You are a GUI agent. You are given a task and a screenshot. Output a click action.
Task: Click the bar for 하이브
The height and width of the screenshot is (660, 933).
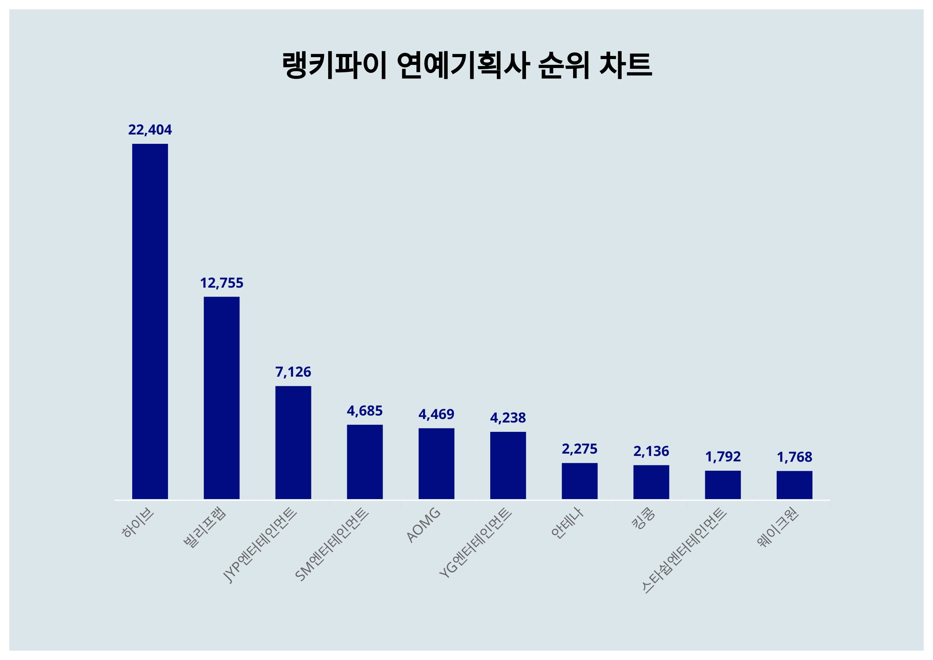(x=150, y=321)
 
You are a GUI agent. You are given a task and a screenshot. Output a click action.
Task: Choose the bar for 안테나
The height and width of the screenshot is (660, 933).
(x=580, y=481)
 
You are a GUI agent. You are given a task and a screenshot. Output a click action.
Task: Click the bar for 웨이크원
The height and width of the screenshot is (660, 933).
(x=795, y=485)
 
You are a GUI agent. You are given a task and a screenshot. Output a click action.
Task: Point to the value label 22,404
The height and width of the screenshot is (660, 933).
(x=150, y=130)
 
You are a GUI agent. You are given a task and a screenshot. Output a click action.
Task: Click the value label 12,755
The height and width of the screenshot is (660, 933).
(x=222, y=283)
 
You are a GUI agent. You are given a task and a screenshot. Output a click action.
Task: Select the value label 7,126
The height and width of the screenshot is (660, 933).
(x=293, y=372)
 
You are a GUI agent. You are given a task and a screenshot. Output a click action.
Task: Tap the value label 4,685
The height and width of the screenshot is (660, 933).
(x=365, y=411)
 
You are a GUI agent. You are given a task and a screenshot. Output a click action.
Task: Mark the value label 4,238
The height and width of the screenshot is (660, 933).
(x=508, y=418)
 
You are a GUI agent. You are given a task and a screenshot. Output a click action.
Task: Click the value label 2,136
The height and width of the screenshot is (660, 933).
(x=651, y=451)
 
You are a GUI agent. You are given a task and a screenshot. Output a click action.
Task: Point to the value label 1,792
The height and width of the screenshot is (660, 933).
(x=723, y=457)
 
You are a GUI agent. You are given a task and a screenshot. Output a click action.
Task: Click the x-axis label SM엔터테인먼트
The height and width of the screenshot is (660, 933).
(x=332, y=545)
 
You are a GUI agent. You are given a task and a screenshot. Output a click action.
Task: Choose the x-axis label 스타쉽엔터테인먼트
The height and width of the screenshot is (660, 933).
(x=684, y=551)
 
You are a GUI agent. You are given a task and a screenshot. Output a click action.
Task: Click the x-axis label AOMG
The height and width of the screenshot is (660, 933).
(x=423, y=525)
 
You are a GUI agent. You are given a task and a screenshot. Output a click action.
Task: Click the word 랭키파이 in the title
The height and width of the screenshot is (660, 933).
(x=334, y=65)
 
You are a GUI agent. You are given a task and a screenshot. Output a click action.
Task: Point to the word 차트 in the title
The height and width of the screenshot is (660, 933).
(x=625, y=65)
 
